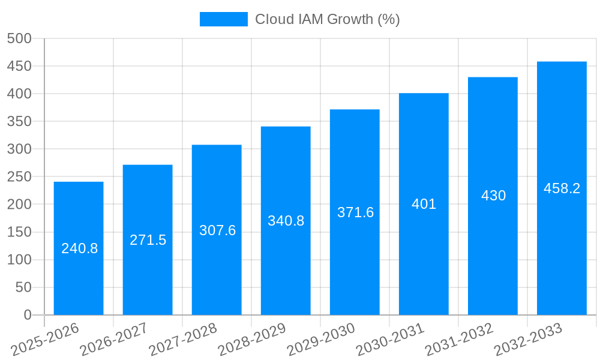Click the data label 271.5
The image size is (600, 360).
[x=148, y=240]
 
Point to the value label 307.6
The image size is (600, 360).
[x=217, y=230]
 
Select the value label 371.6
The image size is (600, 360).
[x=355, y=212]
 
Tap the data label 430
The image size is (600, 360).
[x=493, y=196]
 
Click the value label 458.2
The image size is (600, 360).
[x=562, y=188]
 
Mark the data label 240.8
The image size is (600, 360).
[x=79, y=248]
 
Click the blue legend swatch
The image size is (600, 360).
[x=223, y=19]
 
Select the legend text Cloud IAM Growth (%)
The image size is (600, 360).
[x=327, y=19]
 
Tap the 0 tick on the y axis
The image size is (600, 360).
[x=27, y=315]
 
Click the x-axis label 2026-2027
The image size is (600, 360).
[x=115, y=340]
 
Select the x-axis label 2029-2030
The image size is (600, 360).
[x=322, y=340]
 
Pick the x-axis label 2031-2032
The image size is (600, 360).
[x=460, y=340]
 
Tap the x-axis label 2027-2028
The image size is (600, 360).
[x=184, y=340]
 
